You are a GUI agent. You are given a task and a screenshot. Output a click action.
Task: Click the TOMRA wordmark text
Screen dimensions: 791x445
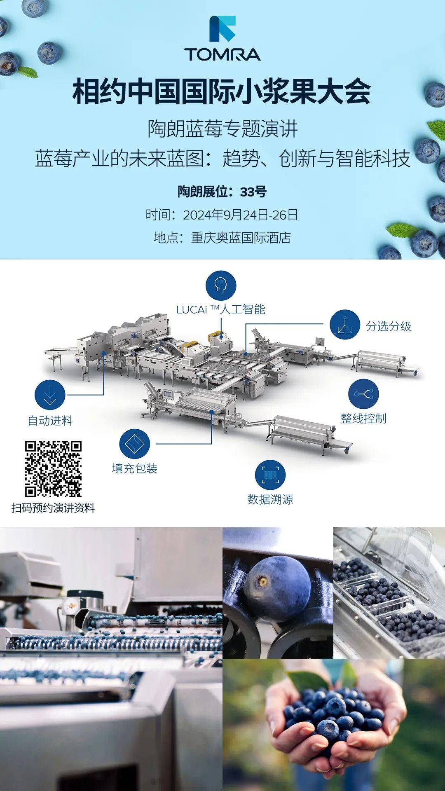[x=222, y=54]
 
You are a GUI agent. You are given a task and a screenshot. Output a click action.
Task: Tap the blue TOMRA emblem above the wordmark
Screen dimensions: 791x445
[x=222, y=29]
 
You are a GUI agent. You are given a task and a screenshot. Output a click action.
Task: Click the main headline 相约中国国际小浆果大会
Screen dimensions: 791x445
[x=222, y=92]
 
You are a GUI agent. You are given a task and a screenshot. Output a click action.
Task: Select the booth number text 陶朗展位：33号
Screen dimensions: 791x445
[x=222, y=192]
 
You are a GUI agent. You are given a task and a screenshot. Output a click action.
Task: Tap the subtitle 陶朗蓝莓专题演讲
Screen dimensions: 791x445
[x=222, y=129]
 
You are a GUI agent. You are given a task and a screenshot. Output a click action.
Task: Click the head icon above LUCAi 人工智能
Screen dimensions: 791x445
[x=221, y=286]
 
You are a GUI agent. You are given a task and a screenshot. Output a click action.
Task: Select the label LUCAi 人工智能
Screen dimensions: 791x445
[x=221, y=309]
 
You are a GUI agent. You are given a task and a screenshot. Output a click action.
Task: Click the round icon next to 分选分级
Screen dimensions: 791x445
[x=345, y=325]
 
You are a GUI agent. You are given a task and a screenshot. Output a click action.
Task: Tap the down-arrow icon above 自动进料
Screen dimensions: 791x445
[x=50, y=395]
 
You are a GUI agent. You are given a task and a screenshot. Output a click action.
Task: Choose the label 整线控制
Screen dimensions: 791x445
[x=363, y=419]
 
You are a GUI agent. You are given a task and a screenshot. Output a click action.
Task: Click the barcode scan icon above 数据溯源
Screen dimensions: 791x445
[x=270, y=475]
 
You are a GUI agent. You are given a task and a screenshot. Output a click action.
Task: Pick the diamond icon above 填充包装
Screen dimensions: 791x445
[x=135, y=444]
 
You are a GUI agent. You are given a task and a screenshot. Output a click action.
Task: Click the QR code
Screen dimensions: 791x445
[x=53, y=469]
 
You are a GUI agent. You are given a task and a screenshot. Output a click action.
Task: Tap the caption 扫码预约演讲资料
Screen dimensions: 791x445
[x=53, y=508]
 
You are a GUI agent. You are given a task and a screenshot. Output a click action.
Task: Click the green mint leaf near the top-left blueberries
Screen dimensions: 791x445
[x=27, y=73]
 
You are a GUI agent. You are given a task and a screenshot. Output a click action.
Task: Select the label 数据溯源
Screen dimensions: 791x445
[x=270, y=499]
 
